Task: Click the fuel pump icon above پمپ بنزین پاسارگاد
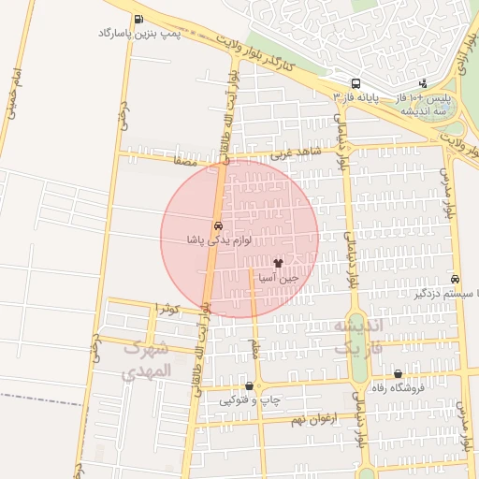tap(138, 19)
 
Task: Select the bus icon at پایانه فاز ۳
tap(355, 82)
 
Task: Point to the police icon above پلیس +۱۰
tap(423, 83)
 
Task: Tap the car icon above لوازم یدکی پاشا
tap(218, 225)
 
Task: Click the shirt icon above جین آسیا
tap(278, 263)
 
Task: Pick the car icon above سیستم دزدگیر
tap(455, 279)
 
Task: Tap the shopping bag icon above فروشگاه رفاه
tap(398, 373)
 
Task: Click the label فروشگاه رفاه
tap(398, 388)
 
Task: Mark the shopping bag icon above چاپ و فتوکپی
tap(249, 385)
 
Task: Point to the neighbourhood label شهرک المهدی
tap(147, 360)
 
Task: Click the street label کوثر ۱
tap(167, 308)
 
